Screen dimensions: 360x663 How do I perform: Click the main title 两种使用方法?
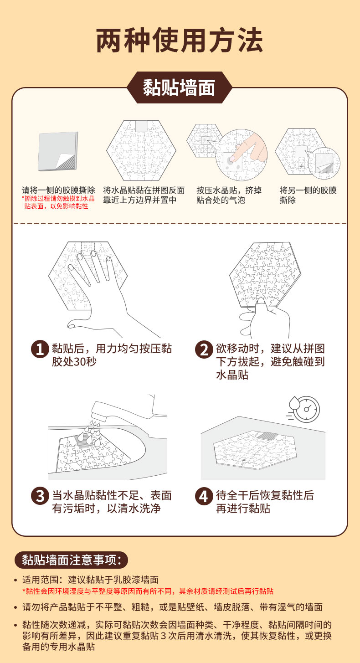coord(180,40)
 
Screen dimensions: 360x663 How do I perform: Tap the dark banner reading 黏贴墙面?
coord(180,87)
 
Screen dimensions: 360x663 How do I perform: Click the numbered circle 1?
coord(40,349)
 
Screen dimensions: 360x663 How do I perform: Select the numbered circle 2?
coord(204,349)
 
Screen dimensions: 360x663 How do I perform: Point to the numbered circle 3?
coord(40,496)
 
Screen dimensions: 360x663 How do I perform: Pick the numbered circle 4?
coord(204,496)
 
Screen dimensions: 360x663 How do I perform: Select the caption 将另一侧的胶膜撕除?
coord(308,195)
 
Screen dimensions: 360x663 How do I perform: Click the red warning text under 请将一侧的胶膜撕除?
coord(58,202)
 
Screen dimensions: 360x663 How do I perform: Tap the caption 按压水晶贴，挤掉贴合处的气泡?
coord(229,195)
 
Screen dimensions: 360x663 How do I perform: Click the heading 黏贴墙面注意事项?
coord(71,560)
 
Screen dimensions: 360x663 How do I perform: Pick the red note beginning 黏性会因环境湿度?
coord(148,591)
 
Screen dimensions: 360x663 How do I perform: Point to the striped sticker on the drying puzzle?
coord(267,436)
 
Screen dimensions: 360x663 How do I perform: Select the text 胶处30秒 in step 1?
coord(74,362)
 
